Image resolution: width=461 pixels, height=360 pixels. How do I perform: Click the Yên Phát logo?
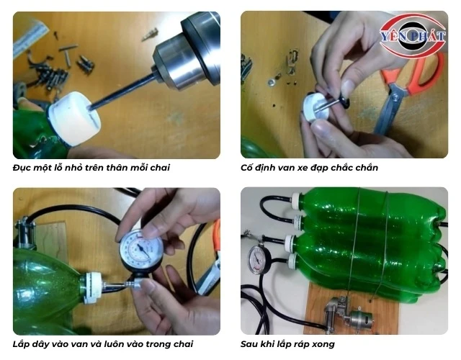coord(413,35)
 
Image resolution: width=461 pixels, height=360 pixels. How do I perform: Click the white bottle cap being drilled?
coord(74,117)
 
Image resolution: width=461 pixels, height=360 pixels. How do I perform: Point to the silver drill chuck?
coord(188,51)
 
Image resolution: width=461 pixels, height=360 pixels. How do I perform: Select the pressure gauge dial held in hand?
coord(141,249)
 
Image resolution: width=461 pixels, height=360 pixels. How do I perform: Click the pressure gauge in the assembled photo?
coord(259,260)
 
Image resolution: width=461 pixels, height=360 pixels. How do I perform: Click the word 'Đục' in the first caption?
coord(21,168)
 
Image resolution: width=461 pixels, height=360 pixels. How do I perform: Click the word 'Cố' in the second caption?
coord(247,168)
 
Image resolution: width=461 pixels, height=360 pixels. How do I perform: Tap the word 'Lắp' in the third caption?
coord(21,344)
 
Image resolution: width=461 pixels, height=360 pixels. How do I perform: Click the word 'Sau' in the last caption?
coord(249,344)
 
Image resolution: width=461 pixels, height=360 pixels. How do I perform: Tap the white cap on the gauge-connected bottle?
coord(91,288)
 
